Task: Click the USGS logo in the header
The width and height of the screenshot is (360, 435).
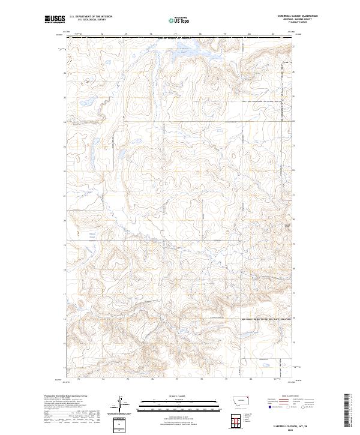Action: tap(55, 19)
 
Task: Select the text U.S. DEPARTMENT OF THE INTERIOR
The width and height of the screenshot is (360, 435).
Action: tap(91, 17)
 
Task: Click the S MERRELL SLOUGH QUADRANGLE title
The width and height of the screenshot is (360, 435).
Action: tap(296, 16)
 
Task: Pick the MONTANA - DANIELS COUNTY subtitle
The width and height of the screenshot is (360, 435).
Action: tap(296, 19)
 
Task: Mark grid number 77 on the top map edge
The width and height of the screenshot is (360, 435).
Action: tap(177, 34)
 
